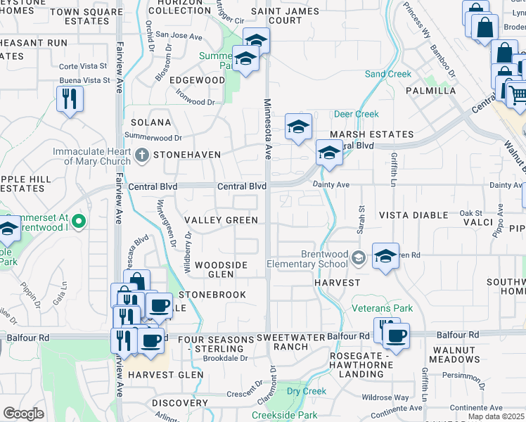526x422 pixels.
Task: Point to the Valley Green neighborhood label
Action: click(x=221, y=220)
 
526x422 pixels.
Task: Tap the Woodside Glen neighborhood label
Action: click(x=221, y=269)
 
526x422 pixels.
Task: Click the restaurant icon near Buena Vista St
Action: click(x=70, y=98)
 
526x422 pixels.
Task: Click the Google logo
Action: click(x=23, y=414)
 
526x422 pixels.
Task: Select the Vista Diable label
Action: click(x=413, y=215)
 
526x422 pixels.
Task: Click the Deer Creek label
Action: click(x=356, y=114)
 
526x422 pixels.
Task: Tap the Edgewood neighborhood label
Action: click(x=197, y=80)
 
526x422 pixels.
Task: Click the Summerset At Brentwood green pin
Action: click(x=79, y=222)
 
